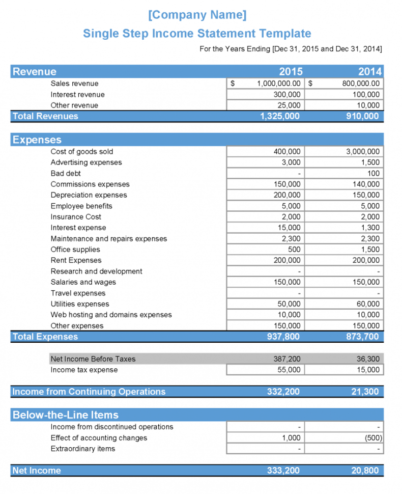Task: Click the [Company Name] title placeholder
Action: click(197, 15)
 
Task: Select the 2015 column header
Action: click(290, 72)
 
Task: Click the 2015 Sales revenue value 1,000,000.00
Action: click(279, 84)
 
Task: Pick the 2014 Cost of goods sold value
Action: click(362, 152)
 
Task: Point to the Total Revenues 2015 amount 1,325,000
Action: click(279, 116)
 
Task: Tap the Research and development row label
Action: click(96, 271)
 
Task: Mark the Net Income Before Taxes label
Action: click(93, 359)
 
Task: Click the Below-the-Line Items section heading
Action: click(65, 415)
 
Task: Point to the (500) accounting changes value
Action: click(372, 438)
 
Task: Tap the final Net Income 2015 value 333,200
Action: click(283, 471)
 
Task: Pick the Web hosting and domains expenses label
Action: click(111, 315)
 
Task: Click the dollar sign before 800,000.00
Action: click(310, 84)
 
